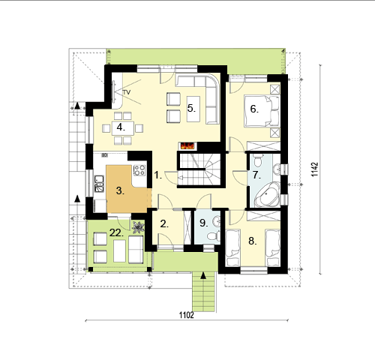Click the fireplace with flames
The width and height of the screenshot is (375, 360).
pyautogui.click(x=187, y=145)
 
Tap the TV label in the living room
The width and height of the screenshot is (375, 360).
pyautogui.click(x=127, y=92)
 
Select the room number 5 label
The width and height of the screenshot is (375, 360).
pyautogui.click(x=191, y=109)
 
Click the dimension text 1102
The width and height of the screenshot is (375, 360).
pyautogui.click(x=187, y=315)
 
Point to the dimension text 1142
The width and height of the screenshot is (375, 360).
pyautogui.click(x=315, y=169)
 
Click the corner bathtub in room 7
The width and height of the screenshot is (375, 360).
pyautogui.click(x=267, y=195)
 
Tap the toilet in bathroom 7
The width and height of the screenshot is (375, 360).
pyautogui.click(x=258, y=160)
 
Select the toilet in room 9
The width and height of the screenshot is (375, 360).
pyautogui.click(x=214, y=235)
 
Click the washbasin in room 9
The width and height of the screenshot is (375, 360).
pyautogui.click(x=217, y=221)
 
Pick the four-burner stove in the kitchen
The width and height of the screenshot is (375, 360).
pyautogui.click(x=139, y=170)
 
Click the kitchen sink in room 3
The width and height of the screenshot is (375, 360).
pyautogui.click(x=99, y=184)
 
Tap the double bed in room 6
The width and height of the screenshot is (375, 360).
pyautogui.click(x=262, y=111)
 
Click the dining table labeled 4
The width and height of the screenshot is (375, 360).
pyautogui.click(x=123, y=128)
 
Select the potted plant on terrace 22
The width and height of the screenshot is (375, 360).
pyautogui.click(x=138, y=227)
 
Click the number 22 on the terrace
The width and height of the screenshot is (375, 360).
pyautogui.click(x=116, y=233)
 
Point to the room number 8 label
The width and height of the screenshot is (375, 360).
pyautogui.click(x=253, y=241)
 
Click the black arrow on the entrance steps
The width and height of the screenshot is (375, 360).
pyautogui.click(x=203, y=276)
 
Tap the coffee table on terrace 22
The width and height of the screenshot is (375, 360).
pyautogui.click(x=119, y=250)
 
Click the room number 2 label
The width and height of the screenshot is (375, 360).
pyautogui.click(x=164, y=224)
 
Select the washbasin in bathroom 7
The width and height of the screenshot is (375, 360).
pyautogui.click(x=277, y=169)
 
